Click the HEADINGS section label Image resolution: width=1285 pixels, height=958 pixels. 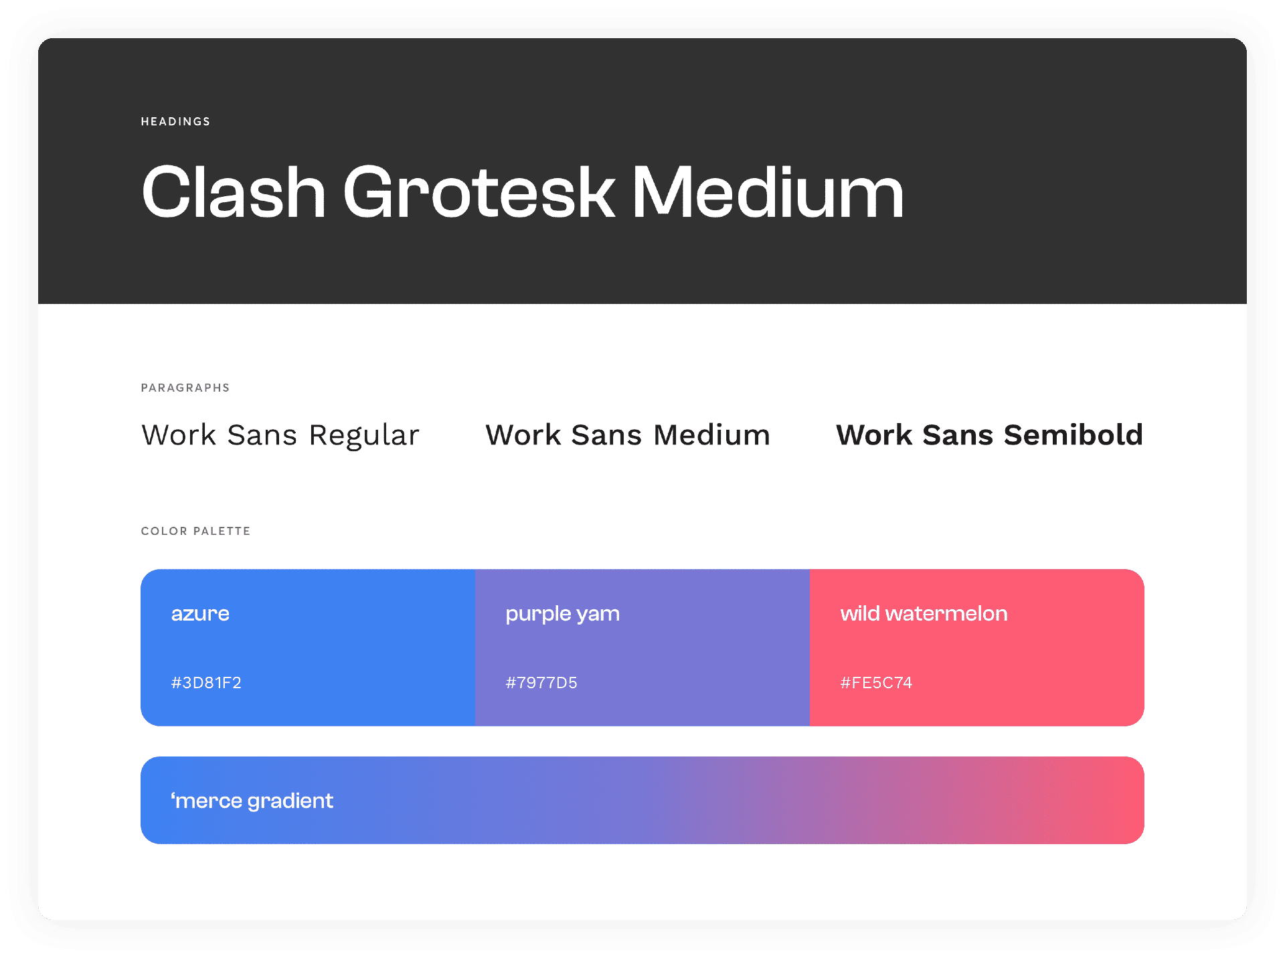[x=175, y=121]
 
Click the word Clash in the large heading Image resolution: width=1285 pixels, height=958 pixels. [x=234, y=192]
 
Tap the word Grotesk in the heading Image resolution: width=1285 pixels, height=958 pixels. [x=479, y=192]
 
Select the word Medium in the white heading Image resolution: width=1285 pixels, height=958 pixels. [x=768, y=192]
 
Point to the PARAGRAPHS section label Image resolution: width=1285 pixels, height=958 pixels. [x=185, y=388]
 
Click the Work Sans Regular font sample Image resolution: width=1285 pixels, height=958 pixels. [x=280, y=435]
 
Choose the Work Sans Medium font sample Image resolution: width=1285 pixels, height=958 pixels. [x=628, y=435]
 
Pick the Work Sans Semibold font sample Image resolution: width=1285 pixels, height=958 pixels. [x=989, y=435]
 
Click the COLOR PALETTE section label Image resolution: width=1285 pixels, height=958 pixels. [x=195, y=531]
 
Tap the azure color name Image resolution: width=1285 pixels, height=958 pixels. [x=200, y=614]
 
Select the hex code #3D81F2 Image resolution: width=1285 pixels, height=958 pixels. [x=206, y=683]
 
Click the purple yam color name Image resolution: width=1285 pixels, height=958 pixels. [x=562, y=615]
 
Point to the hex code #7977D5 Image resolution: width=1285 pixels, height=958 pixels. [x=541, y=683]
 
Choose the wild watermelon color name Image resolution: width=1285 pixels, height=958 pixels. [x=924, y=613]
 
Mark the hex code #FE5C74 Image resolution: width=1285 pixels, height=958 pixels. [x=876, y=683]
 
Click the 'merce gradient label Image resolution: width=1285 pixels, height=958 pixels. [x=252, y=801]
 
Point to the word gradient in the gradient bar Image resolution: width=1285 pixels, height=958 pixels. [x=290, y=801]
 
